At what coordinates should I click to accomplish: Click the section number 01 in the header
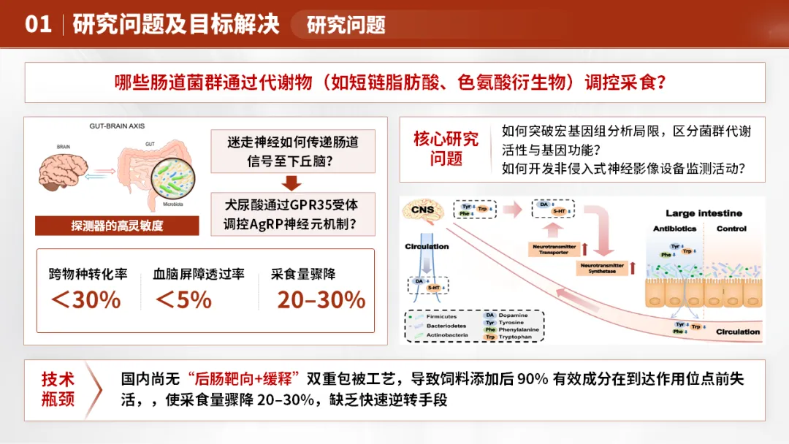coord(38,24)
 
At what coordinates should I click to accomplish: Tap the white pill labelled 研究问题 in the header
coord(346,25)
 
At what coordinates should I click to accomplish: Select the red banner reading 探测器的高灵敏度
coord(117,225)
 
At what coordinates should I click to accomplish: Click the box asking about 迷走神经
coord(292,150)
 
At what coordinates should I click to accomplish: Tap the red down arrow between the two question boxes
coord(292,183)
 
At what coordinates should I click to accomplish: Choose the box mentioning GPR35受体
coord(292,214)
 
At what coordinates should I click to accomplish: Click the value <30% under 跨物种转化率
coord(85,299)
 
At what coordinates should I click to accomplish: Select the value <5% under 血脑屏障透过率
coord(183,299)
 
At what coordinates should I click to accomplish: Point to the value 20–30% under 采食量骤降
coord(321,299)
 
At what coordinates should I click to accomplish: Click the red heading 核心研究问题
coord(446,148)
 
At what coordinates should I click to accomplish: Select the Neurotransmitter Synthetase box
coord(601,268)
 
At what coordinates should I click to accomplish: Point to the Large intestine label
coord(704,213)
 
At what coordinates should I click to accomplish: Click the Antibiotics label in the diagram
coord(675,229)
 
